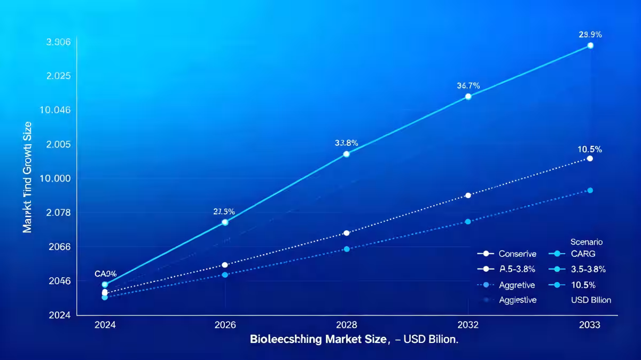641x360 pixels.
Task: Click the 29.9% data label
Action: pos(590,35)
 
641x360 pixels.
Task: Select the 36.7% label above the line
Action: pos(468,85)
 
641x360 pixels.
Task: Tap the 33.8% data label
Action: pos(346,143)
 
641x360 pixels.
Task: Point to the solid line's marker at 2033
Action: pos(590,45)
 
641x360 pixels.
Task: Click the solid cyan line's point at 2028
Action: pos(346,154)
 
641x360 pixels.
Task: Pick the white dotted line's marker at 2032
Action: pos(468,195)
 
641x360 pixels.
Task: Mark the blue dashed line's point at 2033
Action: pos(590,190)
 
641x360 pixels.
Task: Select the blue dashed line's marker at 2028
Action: pos(346,249)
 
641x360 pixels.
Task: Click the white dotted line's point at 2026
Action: pos(225,265)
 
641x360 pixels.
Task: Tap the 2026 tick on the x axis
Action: pos(225,325)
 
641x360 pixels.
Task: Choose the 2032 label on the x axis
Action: pos(468,325)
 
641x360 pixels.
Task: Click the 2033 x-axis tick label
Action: pos(590,325)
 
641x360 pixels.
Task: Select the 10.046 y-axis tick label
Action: pos(56,110)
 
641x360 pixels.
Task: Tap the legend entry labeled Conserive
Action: pos(517,254)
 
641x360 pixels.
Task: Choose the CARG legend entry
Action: pos(582,254)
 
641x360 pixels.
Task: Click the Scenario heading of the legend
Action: pos(586,241)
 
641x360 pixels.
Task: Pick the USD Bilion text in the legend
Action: pos(590,300)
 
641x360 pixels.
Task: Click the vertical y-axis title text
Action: pos(28,176)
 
